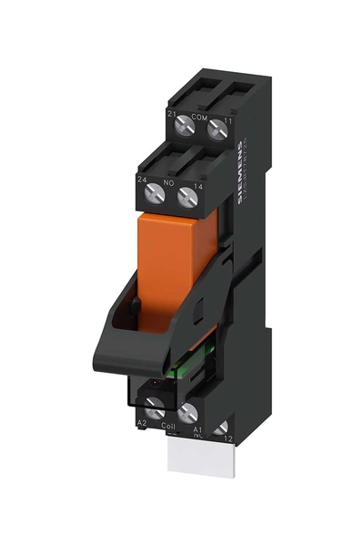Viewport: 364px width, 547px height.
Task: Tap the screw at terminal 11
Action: click(x=217, y=131)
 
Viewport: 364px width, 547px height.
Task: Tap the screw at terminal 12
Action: click(x=219, y=427)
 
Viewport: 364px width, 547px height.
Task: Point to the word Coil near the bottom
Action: click(x=168, y=424)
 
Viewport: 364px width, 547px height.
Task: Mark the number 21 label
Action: click(x=170, y=112)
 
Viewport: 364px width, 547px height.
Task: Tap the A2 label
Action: click(x=141, y=424)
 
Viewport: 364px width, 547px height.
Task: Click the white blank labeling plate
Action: click(x=195, y=456)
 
